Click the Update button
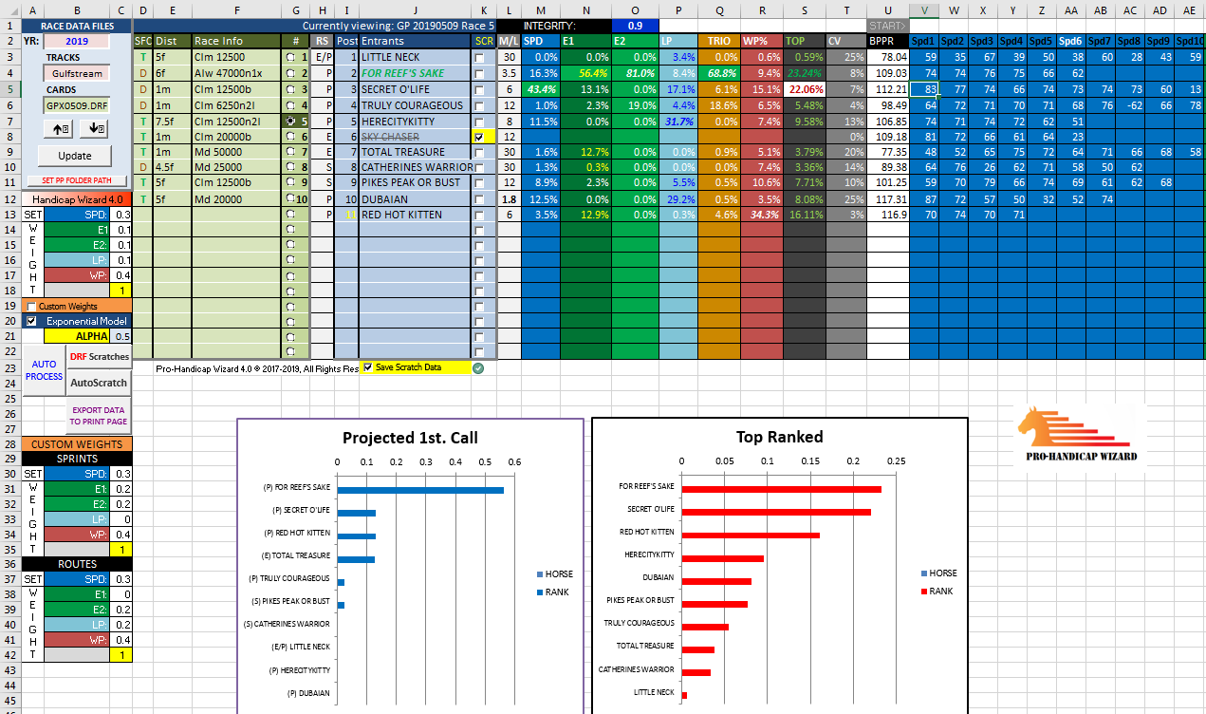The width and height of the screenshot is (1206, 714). pos(74,155)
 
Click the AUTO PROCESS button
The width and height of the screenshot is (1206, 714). pos(44,370)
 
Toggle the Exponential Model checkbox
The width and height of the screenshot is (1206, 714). pos(32,321)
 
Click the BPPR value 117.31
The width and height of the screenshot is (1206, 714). pos(887,199)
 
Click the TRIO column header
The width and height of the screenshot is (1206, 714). pos(719,42)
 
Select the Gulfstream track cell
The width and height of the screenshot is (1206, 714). pos(75,73)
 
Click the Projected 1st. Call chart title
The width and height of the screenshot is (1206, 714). pos(410,438)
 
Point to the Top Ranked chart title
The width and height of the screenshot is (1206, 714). pos(779,438)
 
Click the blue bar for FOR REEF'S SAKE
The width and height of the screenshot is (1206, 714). pos(420,490)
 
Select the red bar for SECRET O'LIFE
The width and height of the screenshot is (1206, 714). pos(776,512)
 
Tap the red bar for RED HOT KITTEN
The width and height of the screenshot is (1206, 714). pos(751,535)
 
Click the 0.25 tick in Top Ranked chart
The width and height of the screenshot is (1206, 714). pos(895,462)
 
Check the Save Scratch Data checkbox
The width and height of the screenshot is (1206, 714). pos(368,367)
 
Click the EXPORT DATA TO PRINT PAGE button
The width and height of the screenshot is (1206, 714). pos(99,415)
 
